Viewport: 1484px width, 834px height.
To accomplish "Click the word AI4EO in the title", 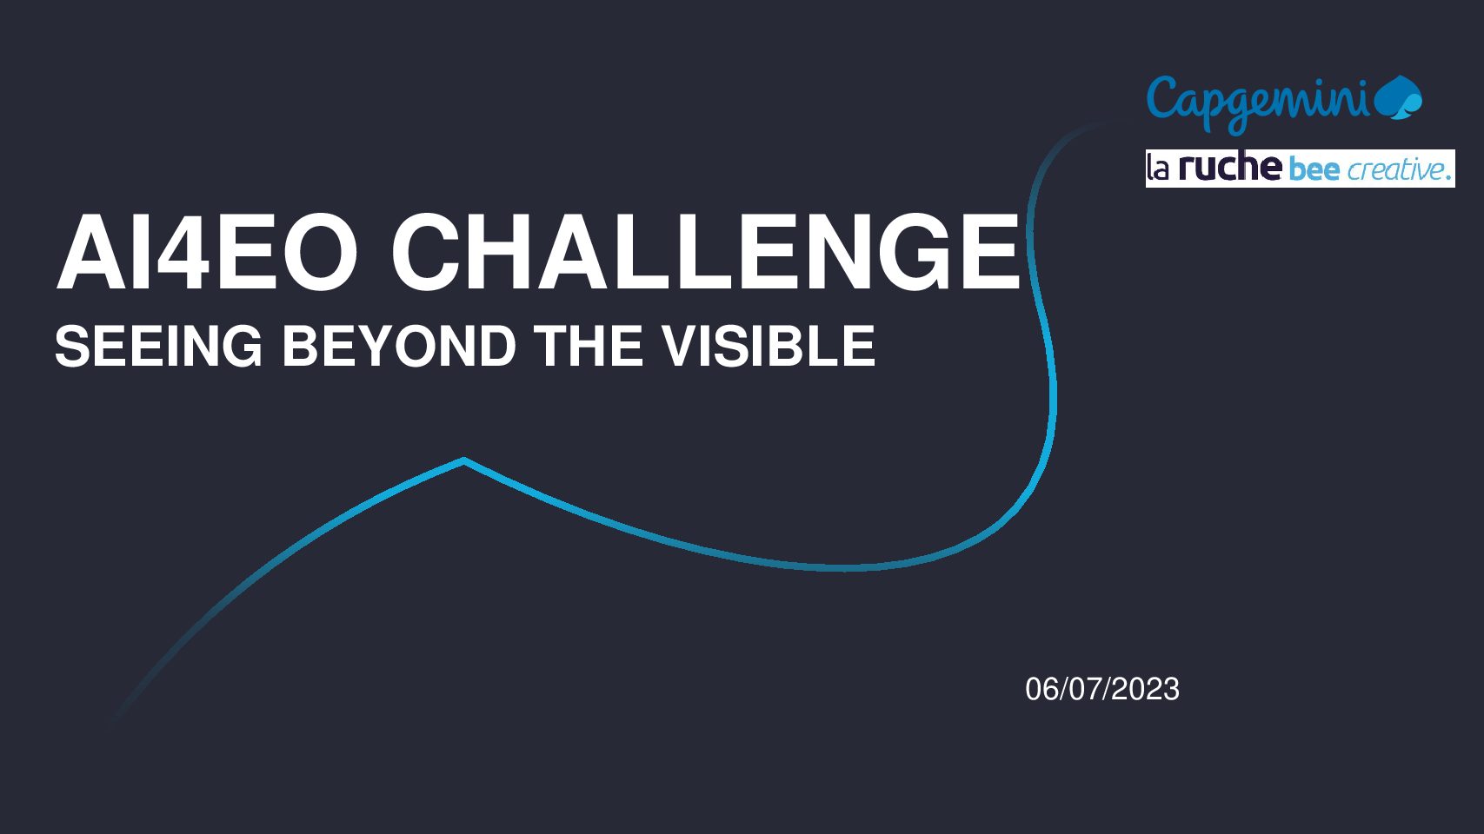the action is point(207,252).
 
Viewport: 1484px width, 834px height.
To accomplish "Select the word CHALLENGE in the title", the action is point(706,252).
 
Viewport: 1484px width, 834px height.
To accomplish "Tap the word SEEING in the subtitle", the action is point(158,346).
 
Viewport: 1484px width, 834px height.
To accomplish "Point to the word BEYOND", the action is point(399,346).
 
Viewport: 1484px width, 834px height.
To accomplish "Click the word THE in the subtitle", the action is point(589,346).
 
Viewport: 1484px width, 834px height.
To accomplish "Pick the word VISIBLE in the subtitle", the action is point(769,346).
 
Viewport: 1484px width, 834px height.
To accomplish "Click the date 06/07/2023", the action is point(1102,689).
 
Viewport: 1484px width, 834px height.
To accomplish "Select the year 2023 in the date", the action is point(1146,689).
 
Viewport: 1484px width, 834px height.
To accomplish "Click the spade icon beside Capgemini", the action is point(1398,98).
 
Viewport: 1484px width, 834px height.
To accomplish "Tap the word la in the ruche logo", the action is point(1158,169).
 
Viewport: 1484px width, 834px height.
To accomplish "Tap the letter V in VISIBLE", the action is point(682,346).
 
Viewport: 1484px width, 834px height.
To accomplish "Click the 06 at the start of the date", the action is point(1041,689).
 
